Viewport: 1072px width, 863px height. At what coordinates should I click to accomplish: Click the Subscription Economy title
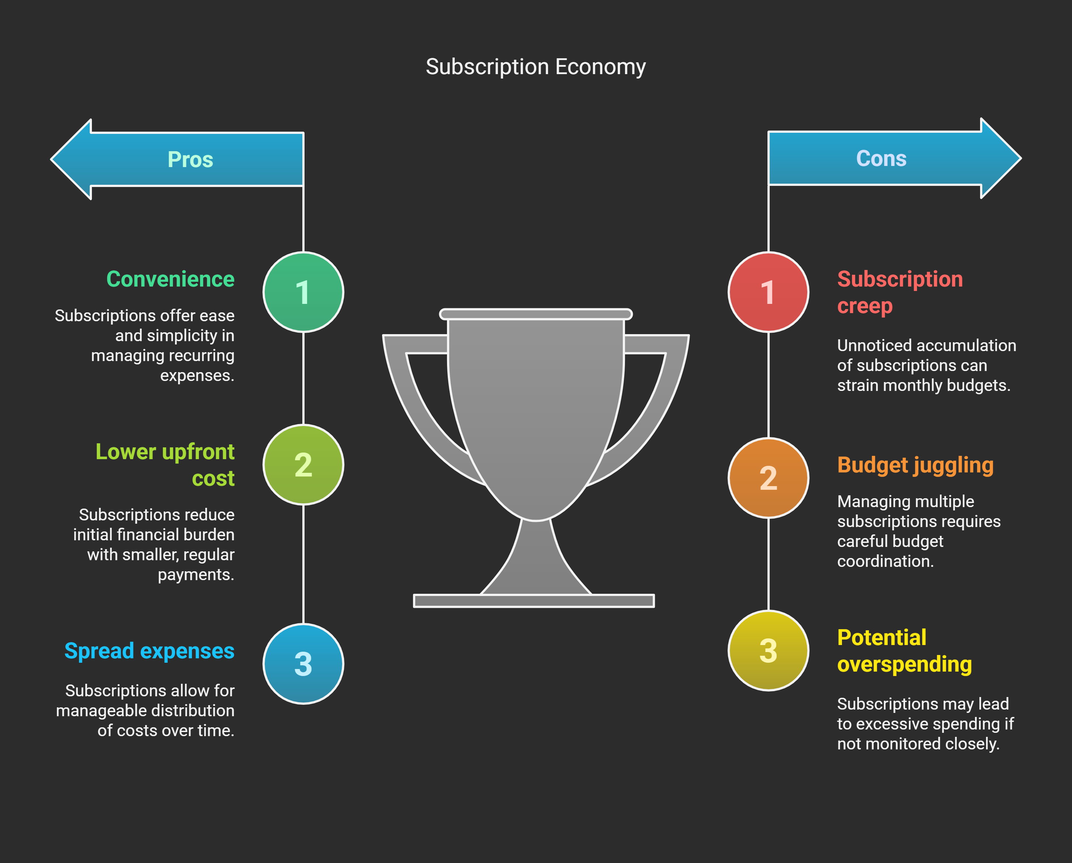(536, 67)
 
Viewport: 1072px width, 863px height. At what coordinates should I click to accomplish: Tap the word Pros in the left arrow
(190, 160)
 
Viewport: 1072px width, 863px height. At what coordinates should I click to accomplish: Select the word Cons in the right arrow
(881, 159)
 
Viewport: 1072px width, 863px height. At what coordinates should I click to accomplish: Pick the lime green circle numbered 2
(303, 465)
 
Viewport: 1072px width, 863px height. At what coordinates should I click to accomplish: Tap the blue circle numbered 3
(303, 663)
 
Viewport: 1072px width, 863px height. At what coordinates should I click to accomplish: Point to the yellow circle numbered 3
(768, 651)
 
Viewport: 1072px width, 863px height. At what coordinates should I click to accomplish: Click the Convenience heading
(170, 279)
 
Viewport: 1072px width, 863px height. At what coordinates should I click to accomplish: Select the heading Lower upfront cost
(165, 465)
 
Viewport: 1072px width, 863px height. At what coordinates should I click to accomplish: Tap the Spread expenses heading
(149, 651)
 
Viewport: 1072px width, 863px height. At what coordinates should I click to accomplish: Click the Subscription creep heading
(899, 292)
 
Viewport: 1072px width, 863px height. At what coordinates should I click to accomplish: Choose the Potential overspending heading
(904, 651)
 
